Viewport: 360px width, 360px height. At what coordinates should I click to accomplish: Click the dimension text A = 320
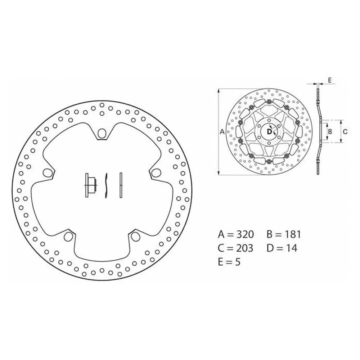(236, 234)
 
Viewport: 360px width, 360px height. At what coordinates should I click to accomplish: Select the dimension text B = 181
(284, 234)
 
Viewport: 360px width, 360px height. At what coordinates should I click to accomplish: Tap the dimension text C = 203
(235, 248)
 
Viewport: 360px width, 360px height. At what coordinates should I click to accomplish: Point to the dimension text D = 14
(282, 248)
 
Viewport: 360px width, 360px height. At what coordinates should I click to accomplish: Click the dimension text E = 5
(229, 262)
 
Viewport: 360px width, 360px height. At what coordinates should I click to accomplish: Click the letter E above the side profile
(330, 80)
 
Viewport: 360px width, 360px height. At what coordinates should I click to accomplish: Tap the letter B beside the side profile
(330, 131)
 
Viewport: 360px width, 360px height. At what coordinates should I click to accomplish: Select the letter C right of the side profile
(345, 132)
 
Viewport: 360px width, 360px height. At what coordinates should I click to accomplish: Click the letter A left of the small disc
(222, 132)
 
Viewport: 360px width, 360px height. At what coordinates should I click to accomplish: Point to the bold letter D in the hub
(269, 132)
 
